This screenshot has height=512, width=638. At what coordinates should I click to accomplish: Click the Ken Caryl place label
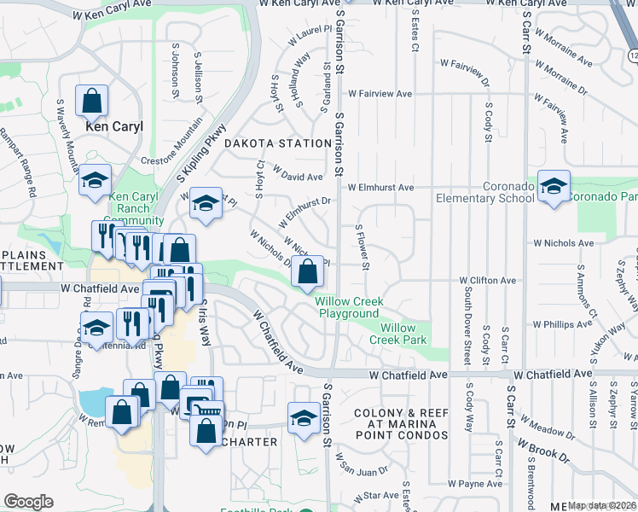click(x=114, y=126)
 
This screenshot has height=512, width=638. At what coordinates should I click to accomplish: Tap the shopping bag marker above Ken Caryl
click(x=91, y=102)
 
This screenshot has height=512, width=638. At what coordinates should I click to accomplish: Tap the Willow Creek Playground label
click(x=349, y=308)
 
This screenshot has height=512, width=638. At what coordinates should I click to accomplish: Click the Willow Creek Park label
click(x=398, y=334)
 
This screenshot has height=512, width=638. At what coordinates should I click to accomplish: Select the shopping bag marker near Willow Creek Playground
click(x=308, y=273)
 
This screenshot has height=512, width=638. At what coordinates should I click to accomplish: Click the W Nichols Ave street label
click(x=562, y=243)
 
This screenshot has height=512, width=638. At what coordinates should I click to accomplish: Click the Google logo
click(x=28, y=502)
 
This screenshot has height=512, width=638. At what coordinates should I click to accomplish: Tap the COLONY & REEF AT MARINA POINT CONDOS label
click(x=401, y=424)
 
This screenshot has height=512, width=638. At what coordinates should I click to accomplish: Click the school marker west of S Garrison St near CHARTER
click(x=303, y=419)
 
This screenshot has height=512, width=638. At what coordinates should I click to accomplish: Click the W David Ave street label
click(x=298, y=175)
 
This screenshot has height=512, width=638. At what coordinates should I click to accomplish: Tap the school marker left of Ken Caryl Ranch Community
click(x=95, y=182)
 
